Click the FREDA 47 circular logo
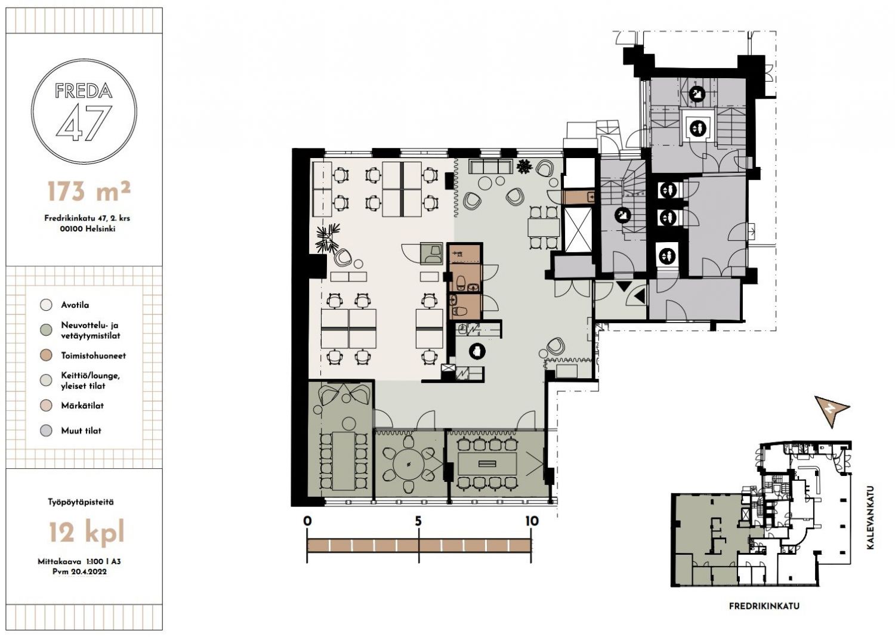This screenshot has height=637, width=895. (x=84, y=112)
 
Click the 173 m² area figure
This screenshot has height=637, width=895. (x=89, y=191)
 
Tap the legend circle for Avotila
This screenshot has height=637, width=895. (x=47, y=305)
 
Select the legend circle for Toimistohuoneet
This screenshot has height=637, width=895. (x=47, y=355)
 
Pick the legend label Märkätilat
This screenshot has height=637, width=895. (x=82, y=406)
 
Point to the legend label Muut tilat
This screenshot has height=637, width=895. (x=81, y=431)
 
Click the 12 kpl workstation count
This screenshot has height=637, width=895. (x=87, y=532)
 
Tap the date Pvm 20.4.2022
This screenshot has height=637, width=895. (x=79, y=571)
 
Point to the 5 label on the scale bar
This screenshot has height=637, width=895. (x=418, y=521)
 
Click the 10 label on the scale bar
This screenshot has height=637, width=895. (x=532, y=521)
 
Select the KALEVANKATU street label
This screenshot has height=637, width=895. (x=871, y=517)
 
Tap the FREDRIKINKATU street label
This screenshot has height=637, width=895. (x=764, y=606)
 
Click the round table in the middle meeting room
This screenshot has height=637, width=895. (x=409, y=464)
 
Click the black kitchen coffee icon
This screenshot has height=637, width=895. (x=477, y=351)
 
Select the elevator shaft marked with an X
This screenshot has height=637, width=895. (x=578, y=230)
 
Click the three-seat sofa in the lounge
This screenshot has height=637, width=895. (x=491, y=166)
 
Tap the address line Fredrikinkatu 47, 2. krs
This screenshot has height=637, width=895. (x=87, y=218)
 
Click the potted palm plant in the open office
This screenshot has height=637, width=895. (x=328, y=238)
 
